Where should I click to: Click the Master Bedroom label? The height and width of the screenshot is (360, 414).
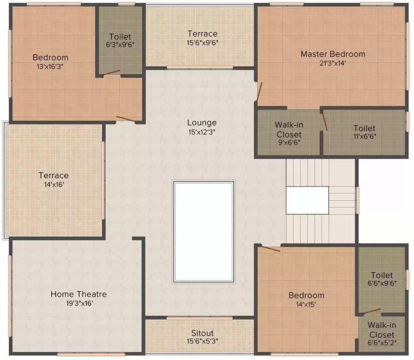[x=333, y=54]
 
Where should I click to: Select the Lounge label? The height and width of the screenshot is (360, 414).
[x=202, y=123]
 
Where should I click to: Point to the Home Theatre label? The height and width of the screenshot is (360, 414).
[x=79, y=294]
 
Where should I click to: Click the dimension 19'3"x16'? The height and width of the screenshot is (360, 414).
[x=79, y=303]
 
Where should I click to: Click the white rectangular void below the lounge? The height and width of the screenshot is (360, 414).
[x=203, y=232]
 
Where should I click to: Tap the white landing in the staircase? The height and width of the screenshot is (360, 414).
[x=307, y=200]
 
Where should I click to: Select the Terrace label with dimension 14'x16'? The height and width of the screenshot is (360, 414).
[x=53, y=175]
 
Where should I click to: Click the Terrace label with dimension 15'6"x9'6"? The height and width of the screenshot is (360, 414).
[x=202, y=33]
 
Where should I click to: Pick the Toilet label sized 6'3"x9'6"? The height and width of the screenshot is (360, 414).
[x=120, y=37]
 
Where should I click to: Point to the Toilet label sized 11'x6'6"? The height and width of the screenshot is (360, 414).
[x=364, y=128]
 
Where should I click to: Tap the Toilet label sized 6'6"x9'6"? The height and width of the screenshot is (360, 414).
[x=382, y=275]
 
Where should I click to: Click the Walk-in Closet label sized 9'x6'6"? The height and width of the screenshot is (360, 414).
[x=288, y=129]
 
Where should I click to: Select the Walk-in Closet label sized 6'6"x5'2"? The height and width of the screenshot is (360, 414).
[x=381, y=330]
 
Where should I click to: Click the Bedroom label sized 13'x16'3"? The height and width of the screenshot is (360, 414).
[x=50, y=57]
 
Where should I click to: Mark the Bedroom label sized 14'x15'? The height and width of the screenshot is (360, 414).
[x=306, y=295]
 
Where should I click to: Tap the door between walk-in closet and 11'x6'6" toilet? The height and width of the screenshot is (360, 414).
[x=324, y=121]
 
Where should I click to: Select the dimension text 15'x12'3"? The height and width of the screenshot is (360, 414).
[x=202, y=132]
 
